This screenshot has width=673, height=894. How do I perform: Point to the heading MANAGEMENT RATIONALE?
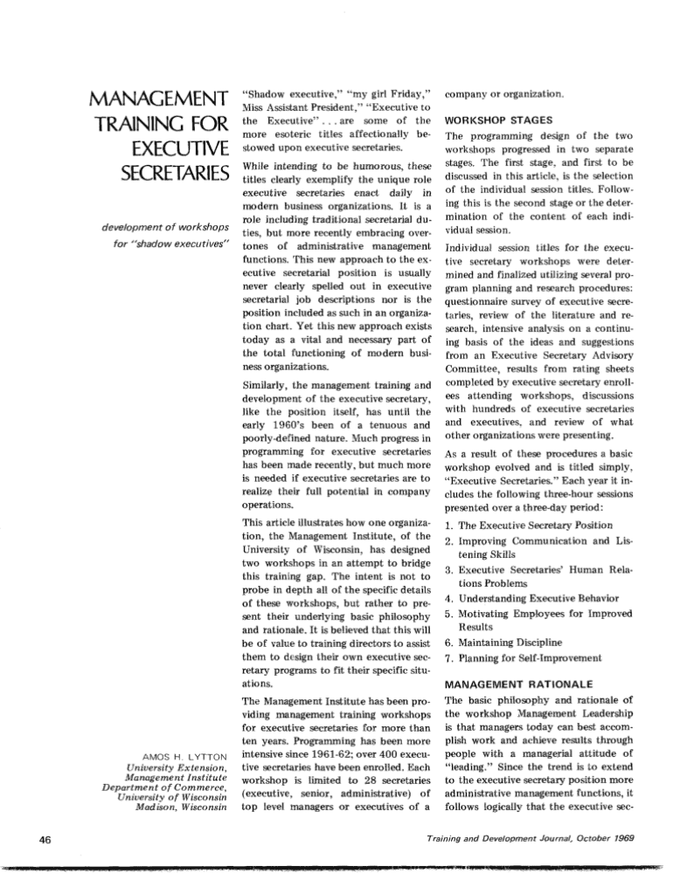(519, 684)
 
